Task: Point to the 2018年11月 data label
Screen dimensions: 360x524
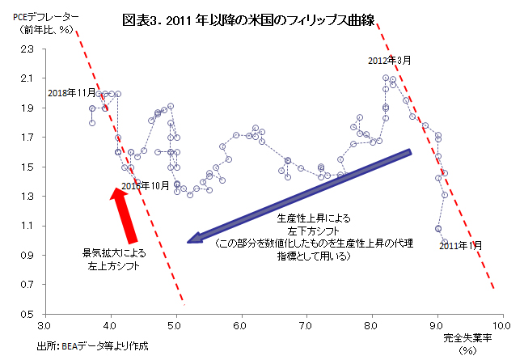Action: (71, 93)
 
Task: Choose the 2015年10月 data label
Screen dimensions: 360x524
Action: (146, 185)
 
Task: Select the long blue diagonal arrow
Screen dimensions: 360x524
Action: (299, 194)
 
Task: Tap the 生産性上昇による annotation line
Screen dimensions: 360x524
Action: (314, 219)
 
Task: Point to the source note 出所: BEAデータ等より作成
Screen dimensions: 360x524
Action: (93, 345)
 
